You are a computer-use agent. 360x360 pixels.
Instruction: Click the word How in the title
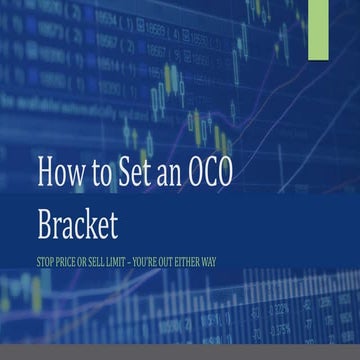tap(64, 172)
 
